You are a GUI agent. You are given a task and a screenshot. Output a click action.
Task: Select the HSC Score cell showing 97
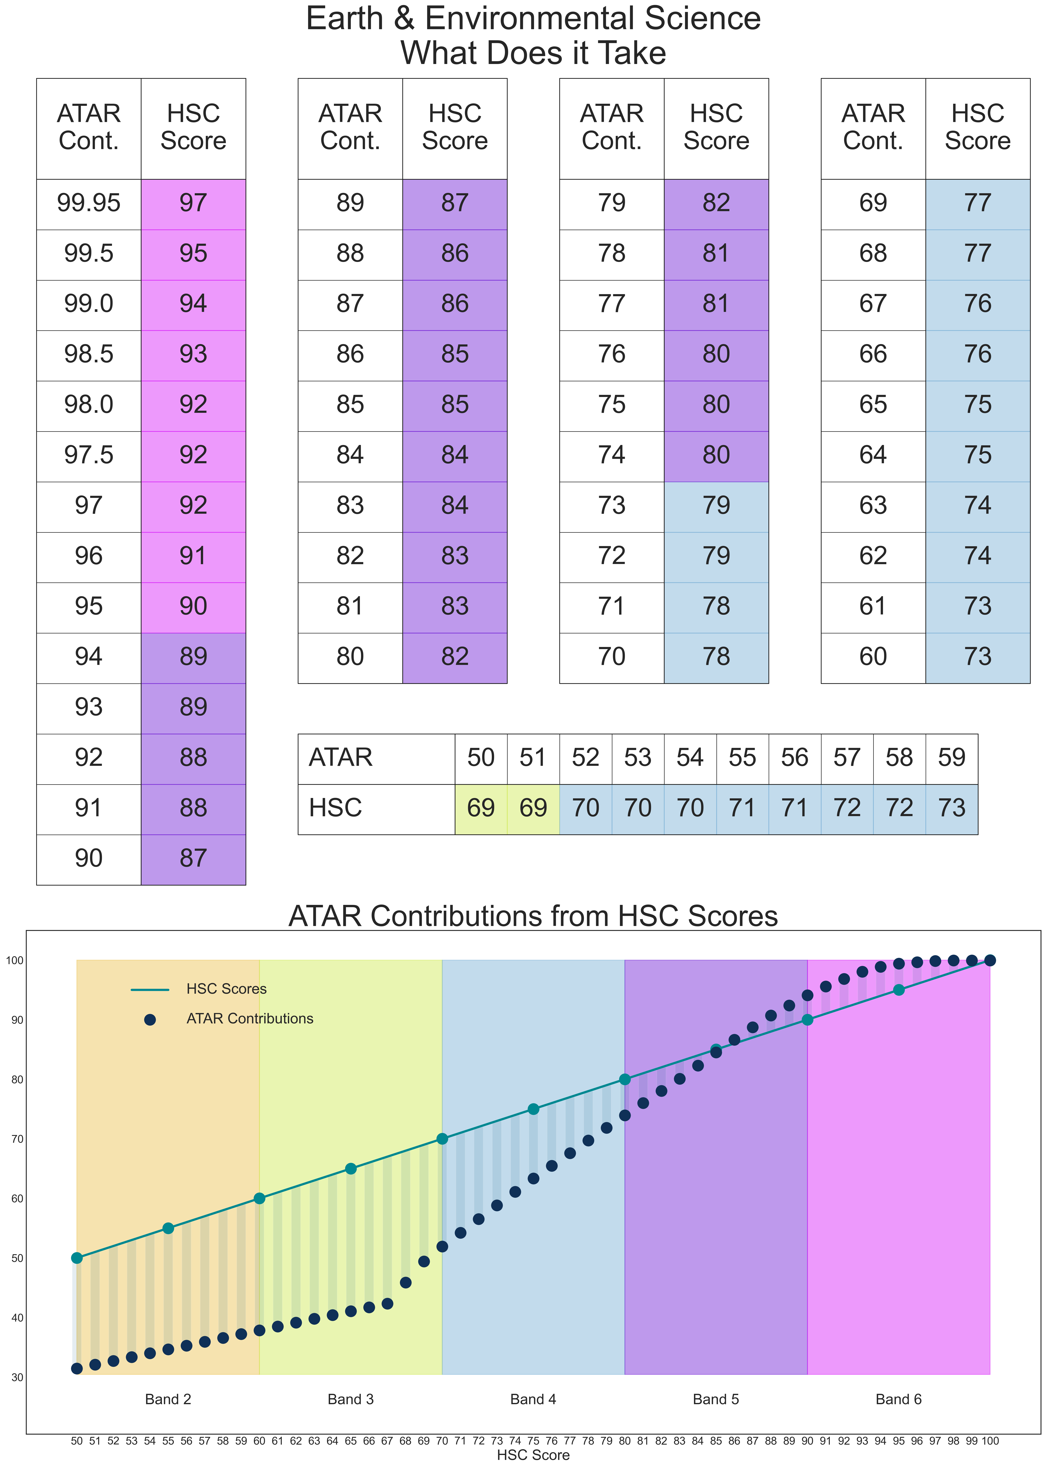click(x=193, y=204)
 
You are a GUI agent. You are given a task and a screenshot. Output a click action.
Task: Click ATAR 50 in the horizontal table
click(x=481, y=758)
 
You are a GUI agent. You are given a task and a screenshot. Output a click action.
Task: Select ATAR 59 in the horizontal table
click(x=951, y=758)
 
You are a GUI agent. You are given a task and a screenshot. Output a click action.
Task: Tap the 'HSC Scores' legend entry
click(x=226, y=989)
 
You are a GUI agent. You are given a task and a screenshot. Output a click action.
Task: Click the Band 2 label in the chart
click(x=168, y=1399)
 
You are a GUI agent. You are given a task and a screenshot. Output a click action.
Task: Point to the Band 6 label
click(x=899, y=1399)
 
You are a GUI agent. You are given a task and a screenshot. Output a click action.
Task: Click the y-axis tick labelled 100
click(x=15, y=960)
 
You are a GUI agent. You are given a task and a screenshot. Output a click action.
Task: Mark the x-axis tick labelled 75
click(x=533, y=1441)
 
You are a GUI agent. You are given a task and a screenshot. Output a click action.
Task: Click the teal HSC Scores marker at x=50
click(x=77, y=1258)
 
